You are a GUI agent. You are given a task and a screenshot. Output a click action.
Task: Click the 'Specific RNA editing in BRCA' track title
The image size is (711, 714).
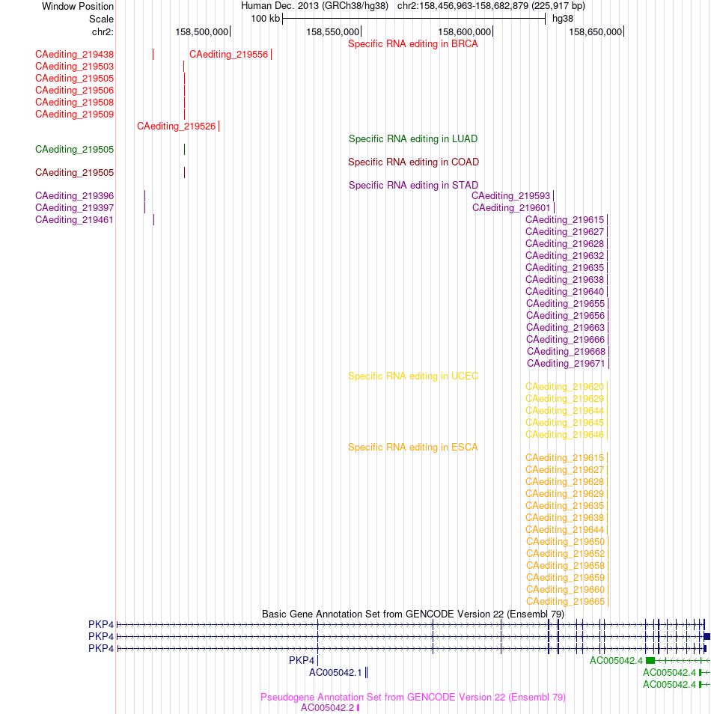(x=412, y=43)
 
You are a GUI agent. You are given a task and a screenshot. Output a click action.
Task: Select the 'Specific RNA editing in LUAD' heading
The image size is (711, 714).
(x=412, y=139)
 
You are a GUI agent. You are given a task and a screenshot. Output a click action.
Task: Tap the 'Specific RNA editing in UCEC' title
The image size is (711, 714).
(x=412, y=376)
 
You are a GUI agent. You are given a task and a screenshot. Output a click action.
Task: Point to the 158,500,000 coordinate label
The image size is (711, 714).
(x=202, y=32)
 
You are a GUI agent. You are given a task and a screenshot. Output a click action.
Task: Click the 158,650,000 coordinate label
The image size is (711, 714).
(x=595, y=32)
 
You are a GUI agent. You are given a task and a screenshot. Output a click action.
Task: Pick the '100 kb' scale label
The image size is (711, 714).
(x=265, y=19)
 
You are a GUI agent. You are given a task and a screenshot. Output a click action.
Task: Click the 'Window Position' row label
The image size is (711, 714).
(x=78, y=7)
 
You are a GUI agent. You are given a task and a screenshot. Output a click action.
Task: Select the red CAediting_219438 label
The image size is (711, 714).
(x=74, y=55)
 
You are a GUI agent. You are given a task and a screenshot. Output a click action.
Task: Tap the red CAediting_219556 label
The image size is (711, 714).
(x=229, y=55)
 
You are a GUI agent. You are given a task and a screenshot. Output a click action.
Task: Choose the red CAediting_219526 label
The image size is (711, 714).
(x=177, y=126)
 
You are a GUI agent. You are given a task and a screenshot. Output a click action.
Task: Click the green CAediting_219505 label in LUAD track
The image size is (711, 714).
(x=74, y=150)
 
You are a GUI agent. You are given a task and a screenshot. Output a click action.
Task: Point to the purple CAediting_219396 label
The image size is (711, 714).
(x=74, y=196)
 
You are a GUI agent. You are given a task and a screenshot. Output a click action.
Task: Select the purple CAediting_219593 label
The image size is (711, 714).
(x=510, y=196)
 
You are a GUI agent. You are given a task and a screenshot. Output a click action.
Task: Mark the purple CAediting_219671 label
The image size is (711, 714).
(x=566, y=364)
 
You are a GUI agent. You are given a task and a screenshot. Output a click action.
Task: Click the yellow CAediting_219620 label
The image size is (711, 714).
(x=565, y=387)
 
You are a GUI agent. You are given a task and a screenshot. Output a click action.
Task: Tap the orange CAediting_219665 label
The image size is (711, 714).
(x=565, y=602)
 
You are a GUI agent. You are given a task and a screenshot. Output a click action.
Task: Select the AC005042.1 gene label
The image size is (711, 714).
(x=335, y=673)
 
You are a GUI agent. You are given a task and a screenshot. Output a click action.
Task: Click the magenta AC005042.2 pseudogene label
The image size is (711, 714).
(x=328, y=707)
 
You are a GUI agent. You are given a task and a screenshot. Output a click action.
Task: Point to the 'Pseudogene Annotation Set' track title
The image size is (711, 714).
(x=412, y=697)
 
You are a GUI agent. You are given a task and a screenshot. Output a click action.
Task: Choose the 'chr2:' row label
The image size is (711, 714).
(x=103, y=32)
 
